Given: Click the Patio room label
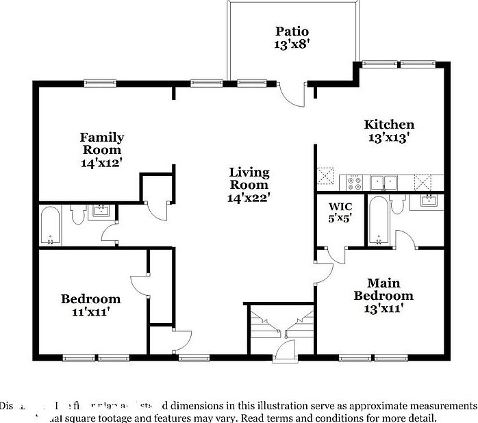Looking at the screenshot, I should tap(292, 31).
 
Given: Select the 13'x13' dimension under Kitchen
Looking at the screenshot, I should tap(389, 137).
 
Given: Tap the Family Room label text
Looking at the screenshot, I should tap(102, 143).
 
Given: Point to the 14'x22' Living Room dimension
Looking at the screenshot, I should tap(249, 198).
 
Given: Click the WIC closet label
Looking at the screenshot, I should tap(340, 206).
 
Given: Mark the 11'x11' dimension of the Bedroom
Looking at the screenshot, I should tap(90, 312).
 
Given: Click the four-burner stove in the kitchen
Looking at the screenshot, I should tap(355, 183).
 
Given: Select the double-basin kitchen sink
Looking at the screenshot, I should tap(384, 183).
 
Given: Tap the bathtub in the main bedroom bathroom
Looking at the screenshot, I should tap(378, 220).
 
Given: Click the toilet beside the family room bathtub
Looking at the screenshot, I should tap(77, 215).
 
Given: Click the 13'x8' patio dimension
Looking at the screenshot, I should tap(292, 44).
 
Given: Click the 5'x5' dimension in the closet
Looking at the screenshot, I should tap(340, 220).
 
